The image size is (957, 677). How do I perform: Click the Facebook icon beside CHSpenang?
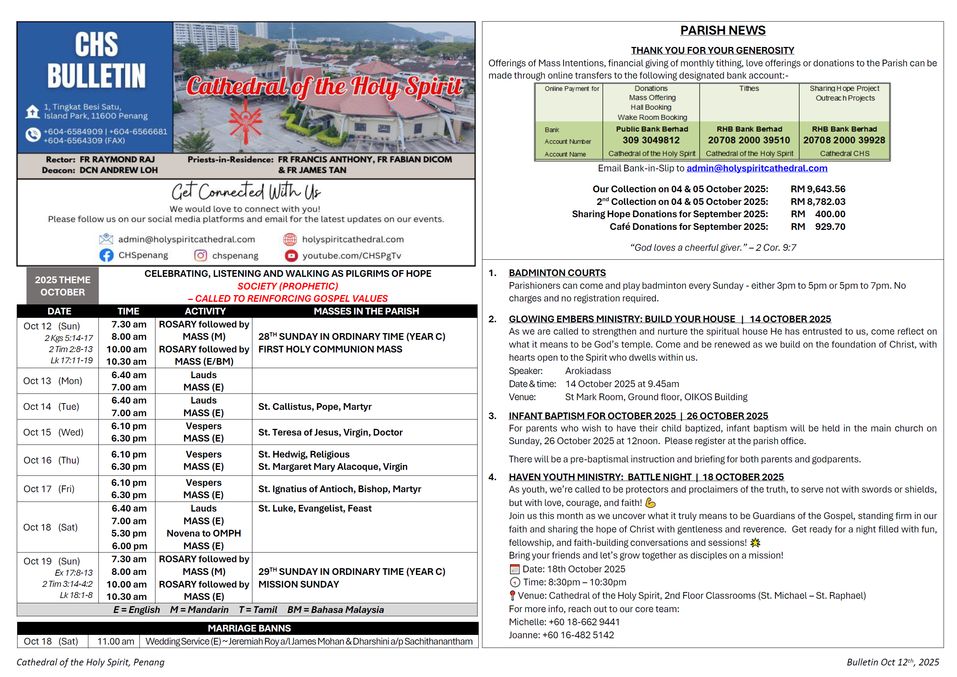tap(106, 255)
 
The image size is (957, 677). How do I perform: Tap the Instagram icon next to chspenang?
tap(201, 255)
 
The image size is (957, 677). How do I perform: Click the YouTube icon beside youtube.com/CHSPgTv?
tap(291, 256)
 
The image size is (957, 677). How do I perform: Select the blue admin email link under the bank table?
tap(756, 168)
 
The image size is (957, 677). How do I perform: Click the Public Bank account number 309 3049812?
tap(651, 140)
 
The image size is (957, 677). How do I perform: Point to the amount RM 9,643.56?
tap(817, 189)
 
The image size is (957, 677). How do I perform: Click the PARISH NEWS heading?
tap(723, 31)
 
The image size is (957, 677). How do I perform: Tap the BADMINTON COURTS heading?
tap(557, 273)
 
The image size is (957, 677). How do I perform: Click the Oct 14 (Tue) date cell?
tap(51, 406)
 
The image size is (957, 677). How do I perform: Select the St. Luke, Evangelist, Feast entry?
tap(314, 508)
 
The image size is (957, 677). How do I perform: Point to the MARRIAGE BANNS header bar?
tap(249, 628)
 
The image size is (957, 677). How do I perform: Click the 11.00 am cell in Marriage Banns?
tap(116, 641)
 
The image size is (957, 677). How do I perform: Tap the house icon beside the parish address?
tap(32, 112)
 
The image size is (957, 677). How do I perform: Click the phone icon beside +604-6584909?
tap(32, 135)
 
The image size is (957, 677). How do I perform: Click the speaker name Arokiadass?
tap(588, 371)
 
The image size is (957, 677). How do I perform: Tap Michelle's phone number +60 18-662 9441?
tap(584, 621)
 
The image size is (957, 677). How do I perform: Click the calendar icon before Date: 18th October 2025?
tap(514, 569)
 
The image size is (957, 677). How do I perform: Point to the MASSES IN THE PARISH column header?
tap(366, 311)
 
